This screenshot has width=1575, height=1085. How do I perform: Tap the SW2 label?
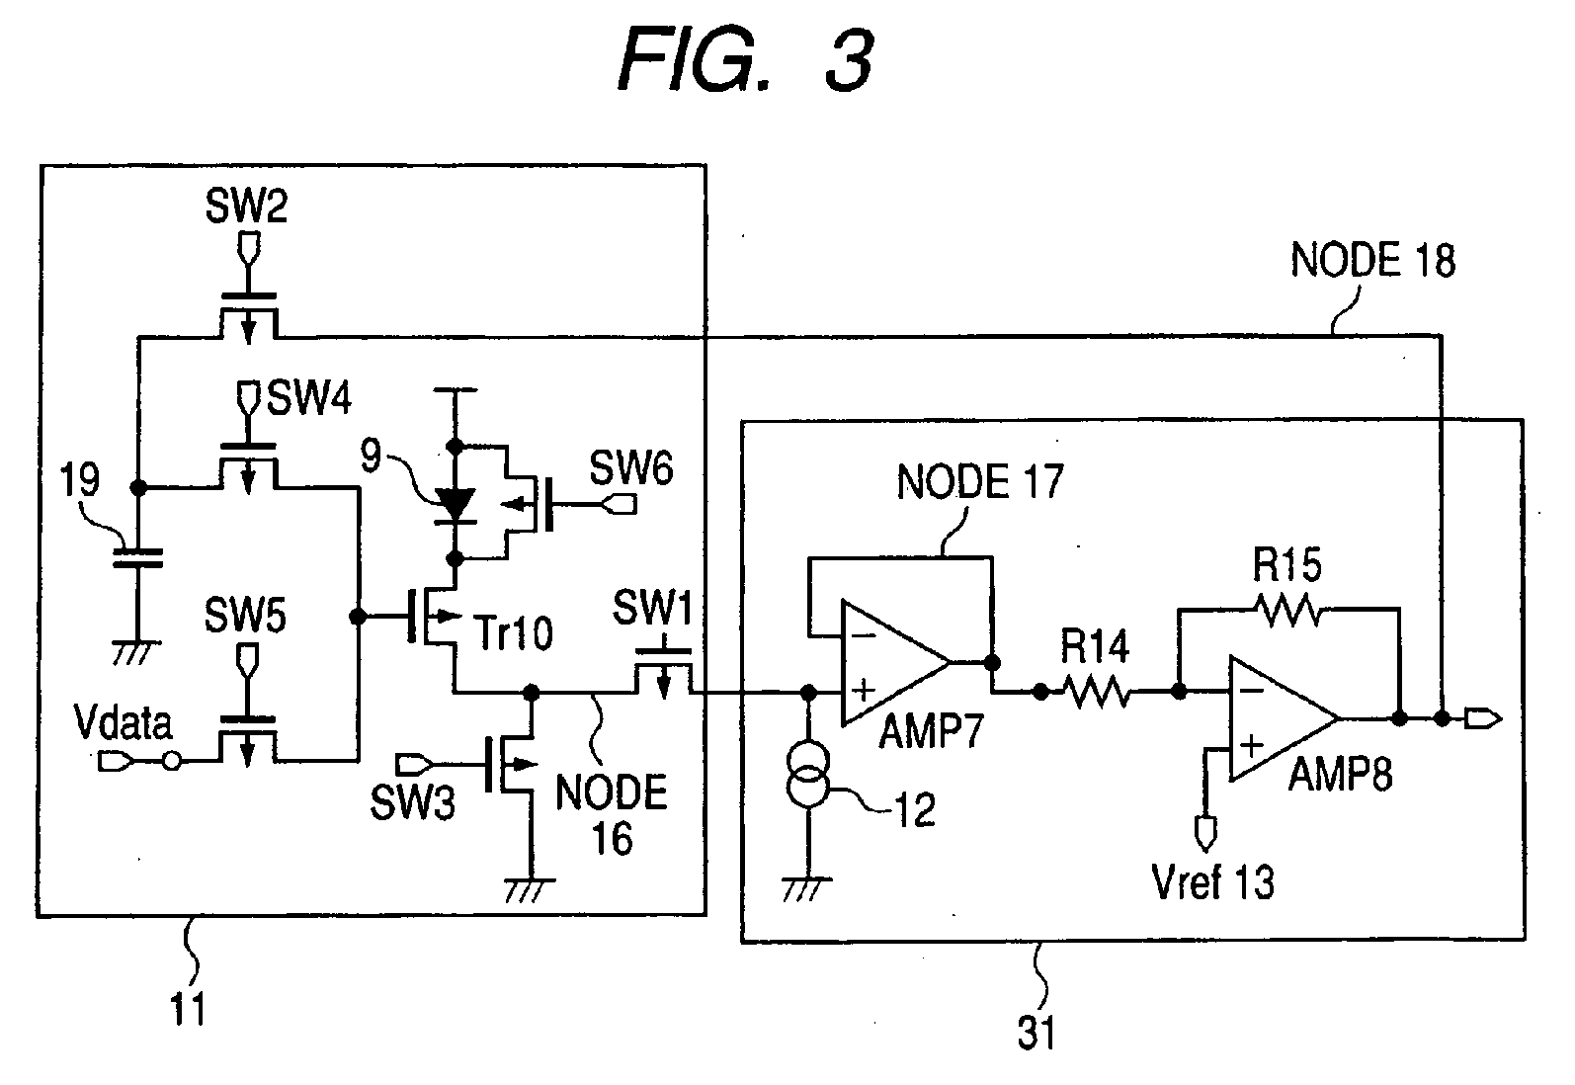coord(246,206)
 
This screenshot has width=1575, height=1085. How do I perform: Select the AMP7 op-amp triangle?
coord(896,663)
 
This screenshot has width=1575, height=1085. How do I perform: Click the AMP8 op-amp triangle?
coord(1284,718)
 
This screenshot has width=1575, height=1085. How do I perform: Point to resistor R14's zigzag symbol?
coord(1096,692)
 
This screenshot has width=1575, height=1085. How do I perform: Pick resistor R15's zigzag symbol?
coord(1289,610)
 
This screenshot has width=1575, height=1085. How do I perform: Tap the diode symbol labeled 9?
coord(455,506)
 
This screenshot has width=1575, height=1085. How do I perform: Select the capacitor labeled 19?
coord(138,558)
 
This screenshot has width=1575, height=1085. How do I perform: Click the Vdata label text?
coord(124,723)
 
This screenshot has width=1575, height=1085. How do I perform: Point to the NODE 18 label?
coord(1372,260)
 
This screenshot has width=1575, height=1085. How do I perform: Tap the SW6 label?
coord(630,467)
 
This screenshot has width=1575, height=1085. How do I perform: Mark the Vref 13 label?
coord(1213,881)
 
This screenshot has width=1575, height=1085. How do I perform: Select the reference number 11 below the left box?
coord(188,1008)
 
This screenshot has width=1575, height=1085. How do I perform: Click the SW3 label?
coord(413,801)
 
